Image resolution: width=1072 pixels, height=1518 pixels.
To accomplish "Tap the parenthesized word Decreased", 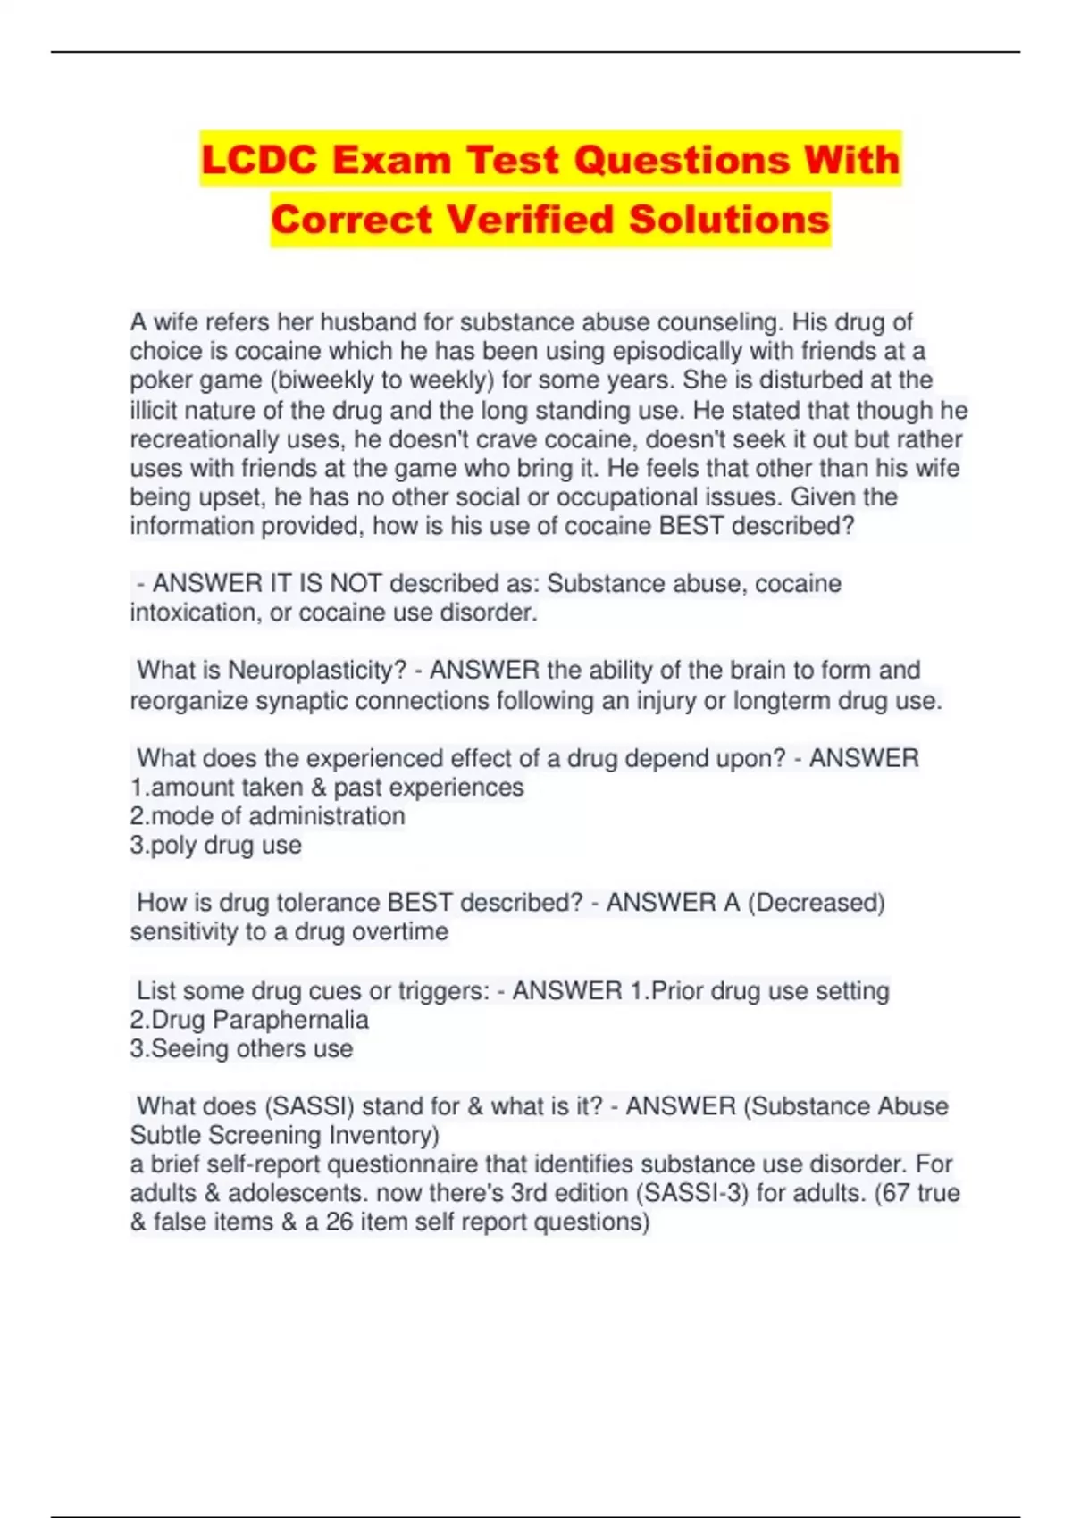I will coord(816,903).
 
